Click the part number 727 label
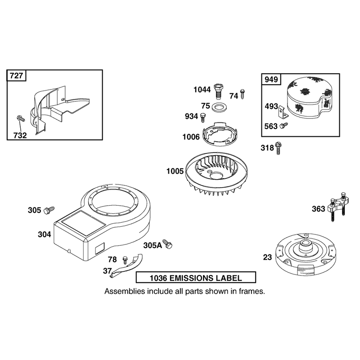click(16, 76)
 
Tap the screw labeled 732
click(21, 119)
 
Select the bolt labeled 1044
click(218, 91)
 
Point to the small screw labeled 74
click(243, 94)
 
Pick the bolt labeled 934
click(203, 117)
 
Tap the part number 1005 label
click(175, 171)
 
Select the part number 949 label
click(271, 80)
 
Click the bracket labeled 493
click(283, 112)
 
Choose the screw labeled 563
click(284, 126)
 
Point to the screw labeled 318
click(278, 148)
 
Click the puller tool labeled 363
click(338, 206)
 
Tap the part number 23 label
click(267, 257)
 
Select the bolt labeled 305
click(49, 210)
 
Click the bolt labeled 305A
click(167, 244)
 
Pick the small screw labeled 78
click(125, 260)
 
